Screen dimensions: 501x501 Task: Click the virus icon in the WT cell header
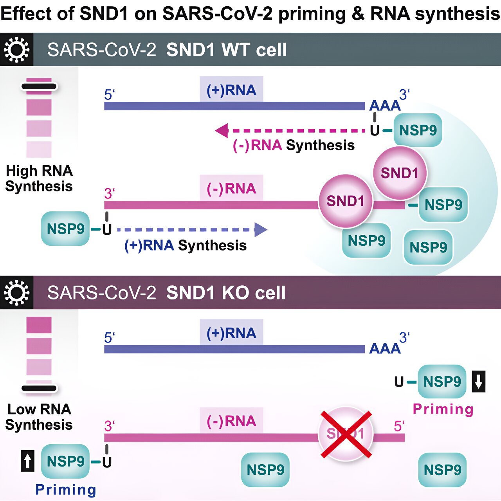(16, 50)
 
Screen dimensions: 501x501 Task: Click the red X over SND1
(346, 434)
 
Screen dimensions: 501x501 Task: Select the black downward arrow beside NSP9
(479, 382)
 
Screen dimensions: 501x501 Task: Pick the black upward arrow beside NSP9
(27, 461)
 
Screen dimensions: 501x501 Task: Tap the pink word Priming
(443, 409)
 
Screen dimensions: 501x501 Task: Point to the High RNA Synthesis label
(39, 178)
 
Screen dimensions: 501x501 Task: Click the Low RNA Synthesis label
(39, 417)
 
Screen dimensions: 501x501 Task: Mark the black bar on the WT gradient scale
(39, 87)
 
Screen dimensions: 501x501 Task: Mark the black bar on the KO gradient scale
(39, 388)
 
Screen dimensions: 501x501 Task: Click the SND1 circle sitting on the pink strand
(346, 201)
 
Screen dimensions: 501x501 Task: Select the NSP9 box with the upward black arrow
(65, 461)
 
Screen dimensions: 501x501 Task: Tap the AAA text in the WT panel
(385, 106)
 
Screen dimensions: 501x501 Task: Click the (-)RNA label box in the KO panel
(231, 421)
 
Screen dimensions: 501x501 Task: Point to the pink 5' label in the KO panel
(399, 426)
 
